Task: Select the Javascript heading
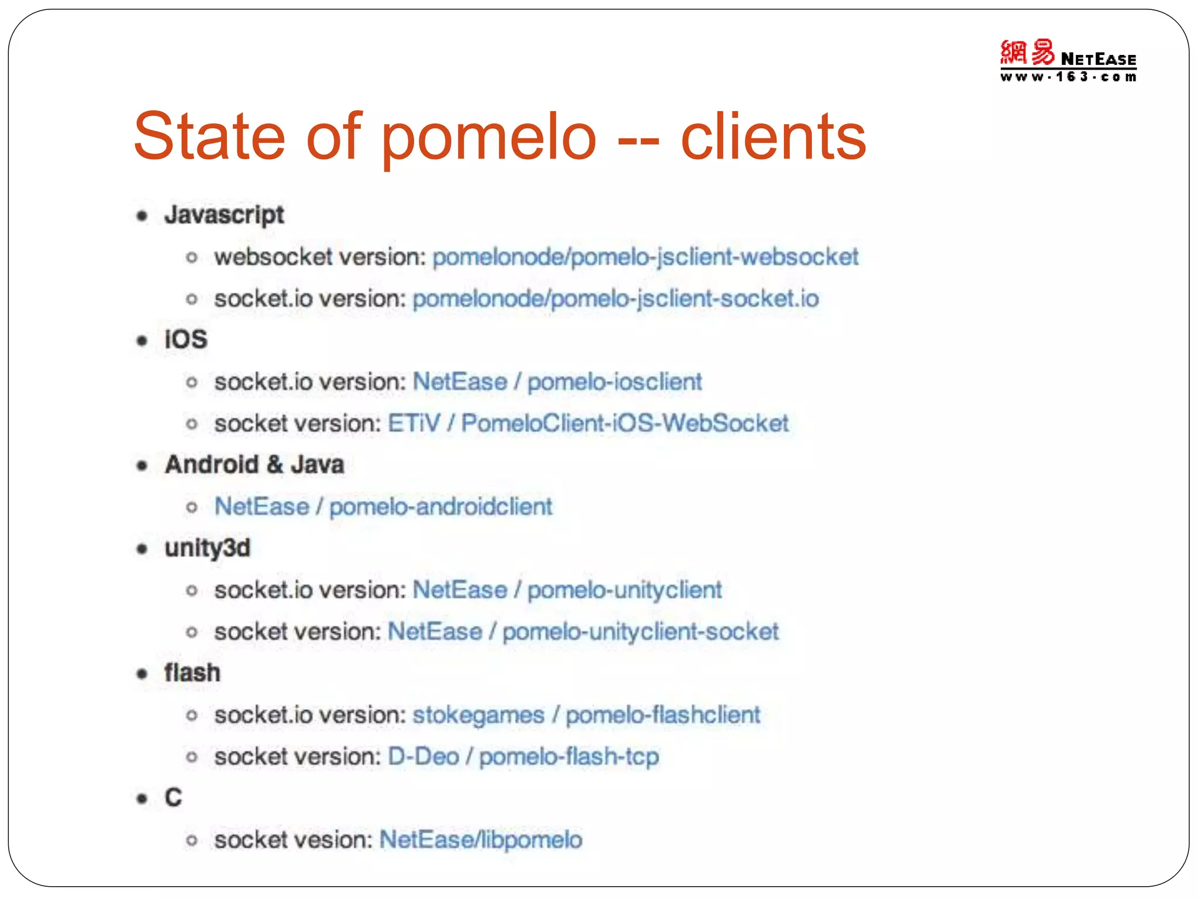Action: [224, 215]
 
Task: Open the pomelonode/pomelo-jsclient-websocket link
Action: [645, 257]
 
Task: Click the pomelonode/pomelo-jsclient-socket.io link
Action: [615, 299]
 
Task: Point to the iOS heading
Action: [186, 339]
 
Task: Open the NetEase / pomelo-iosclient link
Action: [557, 382]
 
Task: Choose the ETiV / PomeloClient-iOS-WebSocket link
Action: [588, 424]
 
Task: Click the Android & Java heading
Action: [254, 465]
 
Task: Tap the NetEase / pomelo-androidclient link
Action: [383, 507]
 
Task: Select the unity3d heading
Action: [208, 548]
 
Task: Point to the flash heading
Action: [192, 673]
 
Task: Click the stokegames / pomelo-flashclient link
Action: [586, 715]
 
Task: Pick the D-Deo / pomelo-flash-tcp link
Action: [524, 757]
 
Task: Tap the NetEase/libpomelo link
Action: [481, 840]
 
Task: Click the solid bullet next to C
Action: [142, 798]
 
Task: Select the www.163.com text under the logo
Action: [1068, 77]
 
